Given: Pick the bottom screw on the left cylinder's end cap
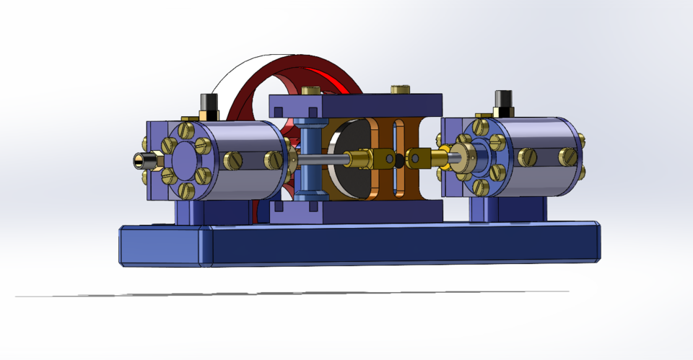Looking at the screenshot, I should click(x=186, y=190).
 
